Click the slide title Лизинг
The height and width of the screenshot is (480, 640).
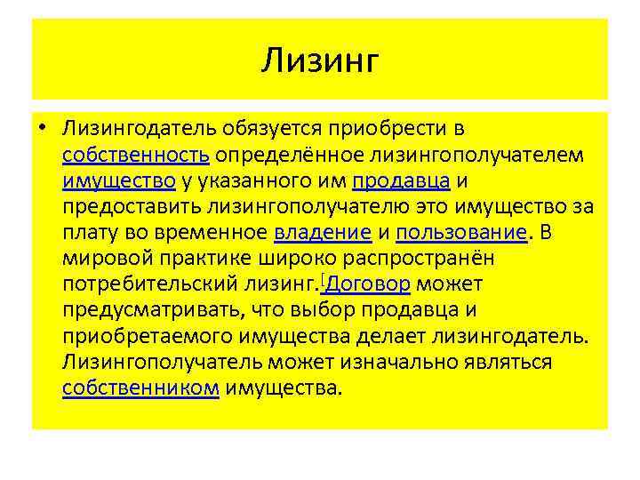tap(321, 61)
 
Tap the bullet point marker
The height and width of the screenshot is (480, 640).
tap(42, 130)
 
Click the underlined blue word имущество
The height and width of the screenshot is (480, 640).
tap(118, 181)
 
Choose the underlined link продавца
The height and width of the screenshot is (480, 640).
tap(402, 181)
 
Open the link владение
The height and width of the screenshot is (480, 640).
tap(323, 233)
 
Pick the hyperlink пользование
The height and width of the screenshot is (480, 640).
tap(461, 233)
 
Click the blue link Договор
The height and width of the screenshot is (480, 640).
tap(368, 285)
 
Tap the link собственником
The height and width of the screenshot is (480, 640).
tap(140, 388)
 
